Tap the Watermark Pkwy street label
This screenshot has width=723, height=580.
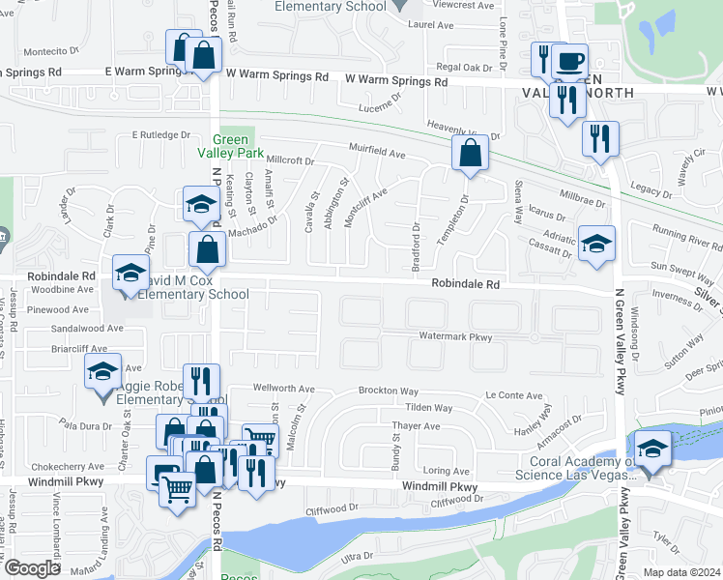coord(455,336)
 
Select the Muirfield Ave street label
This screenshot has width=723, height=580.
coord(377,153)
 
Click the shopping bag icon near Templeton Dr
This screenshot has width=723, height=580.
coord(470,154)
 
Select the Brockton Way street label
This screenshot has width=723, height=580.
coord(388,391)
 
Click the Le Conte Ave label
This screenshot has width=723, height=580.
coord(506,394)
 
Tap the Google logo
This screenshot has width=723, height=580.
coord(31,568)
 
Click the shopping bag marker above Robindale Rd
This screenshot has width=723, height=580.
coord(207,249)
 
